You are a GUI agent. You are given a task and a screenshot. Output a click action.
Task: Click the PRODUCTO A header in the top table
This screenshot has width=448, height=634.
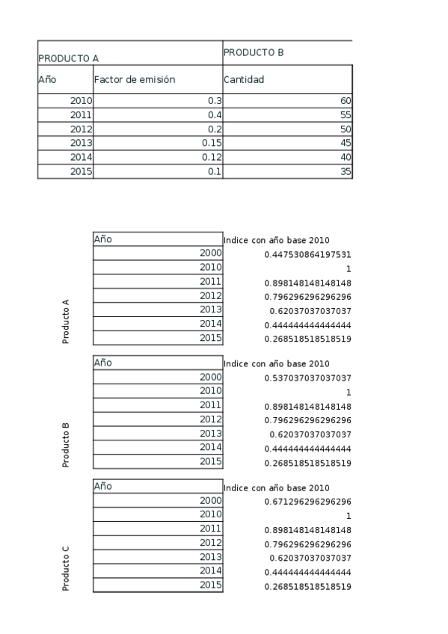click(x=69, y=58)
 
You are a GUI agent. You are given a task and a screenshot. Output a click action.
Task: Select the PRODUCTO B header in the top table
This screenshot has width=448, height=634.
click(x=254, y=52)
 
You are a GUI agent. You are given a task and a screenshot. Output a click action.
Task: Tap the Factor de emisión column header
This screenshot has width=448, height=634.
click(x=135, y=79)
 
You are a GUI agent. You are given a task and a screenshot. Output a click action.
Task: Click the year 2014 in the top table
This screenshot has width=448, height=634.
click(x=81, y=156)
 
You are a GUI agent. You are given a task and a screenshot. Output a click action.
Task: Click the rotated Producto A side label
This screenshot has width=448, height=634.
click(x=66, y=321)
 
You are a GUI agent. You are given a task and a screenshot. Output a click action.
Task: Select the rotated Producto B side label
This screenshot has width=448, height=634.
click(x=66, y=445)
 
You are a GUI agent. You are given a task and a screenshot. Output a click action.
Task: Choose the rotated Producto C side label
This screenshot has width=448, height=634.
click(x=66, y=568)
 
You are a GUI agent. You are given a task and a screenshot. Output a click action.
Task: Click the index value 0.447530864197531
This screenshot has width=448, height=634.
click(x=307, y=254)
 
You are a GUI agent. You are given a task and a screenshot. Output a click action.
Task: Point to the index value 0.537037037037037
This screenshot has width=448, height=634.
click(x=307, y=378)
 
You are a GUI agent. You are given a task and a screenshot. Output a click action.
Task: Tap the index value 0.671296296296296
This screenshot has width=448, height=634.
click(x=307, y=502)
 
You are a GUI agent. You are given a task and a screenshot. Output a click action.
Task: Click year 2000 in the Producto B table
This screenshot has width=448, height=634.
click(x=210, y=377)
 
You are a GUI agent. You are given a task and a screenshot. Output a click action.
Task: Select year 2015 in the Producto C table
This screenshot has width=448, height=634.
click(x=210, y=585)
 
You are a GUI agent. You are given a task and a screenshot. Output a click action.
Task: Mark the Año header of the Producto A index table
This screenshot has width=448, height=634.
click(x=103, y=239)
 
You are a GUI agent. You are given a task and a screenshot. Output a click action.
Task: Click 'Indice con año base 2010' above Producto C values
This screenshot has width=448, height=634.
click(x=276, y=487)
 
